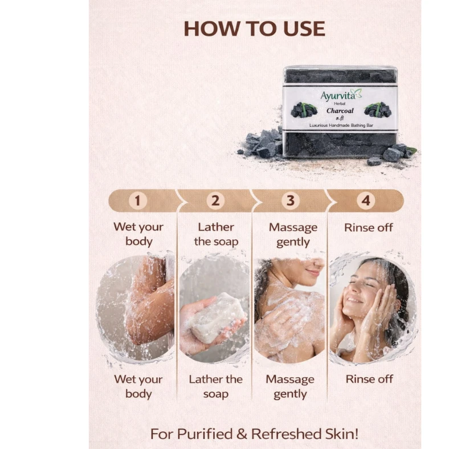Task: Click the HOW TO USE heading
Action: [254, 28]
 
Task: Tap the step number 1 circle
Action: [138, 201]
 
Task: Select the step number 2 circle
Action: [215, 201]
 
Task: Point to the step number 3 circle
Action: [291, 201]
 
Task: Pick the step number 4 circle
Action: [366, 201]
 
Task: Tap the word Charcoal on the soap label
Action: [340, 111]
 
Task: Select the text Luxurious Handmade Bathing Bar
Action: [341, 125]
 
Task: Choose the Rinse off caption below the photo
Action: [369, 379]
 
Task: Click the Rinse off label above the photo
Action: [369, 228]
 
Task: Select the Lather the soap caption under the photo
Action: [215, 386]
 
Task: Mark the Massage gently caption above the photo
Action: [293, 235]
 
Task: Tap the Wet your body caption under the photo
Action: [138, 386]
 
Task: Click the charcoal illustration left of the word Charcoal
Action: [304, 110]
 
